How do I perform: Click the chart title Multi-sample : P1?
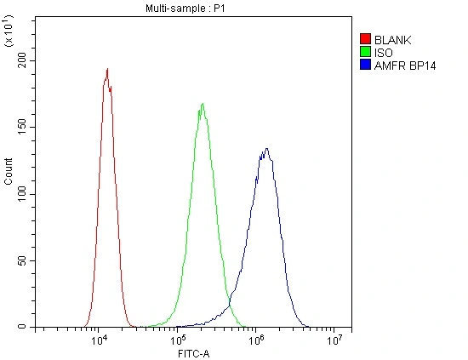tap(185, 8)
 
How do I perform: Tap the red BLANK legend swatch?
tap(365, 39)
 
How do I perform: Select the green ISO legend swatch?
tap(365, 52)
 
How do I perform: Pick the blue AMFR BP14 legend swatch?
tap(365, 65)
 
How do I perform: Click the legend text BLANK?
tap(392, 40)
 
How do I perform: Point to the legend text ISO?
tap(384, 53)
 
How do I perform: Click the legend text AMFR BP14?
tap(405, 66)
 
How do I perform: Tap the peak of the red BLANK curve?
tap(107, 69)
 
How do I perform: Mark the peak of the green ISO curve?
tap(203, 104)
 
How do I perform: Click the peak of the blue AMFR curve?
tap(266, 148)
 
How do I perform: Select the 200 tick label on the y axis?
tap(22, 60)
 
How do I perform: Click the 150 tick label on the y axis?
tap(22, 127)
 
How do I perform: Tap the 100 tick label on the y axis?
tap(22, 194)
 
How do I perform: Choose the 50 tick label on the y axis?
tap(22, 260)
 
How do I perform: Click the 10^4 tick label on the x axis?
tap(100, 340)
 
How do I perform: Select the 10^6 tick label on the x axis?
tap(256, 340)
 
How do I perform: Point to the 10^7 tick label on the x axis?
tap(334, 340)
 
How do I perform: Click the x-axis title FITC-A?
tap(194, 354)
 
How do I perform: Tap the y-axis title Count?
tap(9, 171)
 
